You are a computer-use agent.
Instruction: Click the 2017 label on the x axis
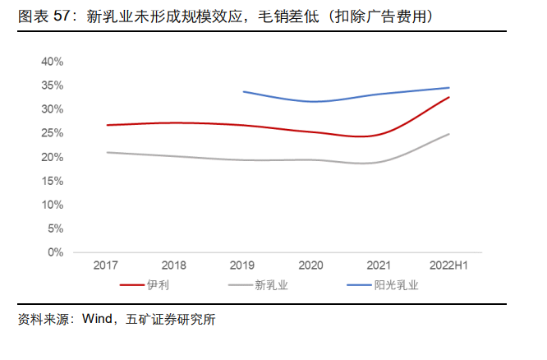click(106, 265)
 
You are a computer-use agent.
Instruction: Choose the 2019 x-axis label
click(243, 265)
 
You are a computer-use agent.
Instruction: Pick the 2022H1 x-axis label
click(449, 265)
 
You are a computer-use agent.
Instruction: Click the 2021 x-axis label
click(380, 265)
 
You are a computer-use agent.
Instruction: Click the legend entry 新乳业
click(271, 285)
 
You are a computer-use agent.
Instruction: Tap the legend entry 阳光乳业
click(397, 285)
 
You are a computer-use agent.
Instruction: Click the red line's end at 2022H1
click(449, 97)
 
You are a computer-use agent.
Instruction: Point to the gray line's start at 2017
click(107, 152)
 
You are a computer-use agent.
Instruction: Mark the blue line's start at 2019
click(244, 91)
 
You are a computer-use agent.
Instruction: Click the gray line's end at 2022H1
click(449, 134)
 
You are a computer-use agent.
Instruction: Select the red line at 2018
click(174, 122)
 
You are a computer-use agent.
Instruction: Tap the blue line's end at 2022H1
click(449, 87)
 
